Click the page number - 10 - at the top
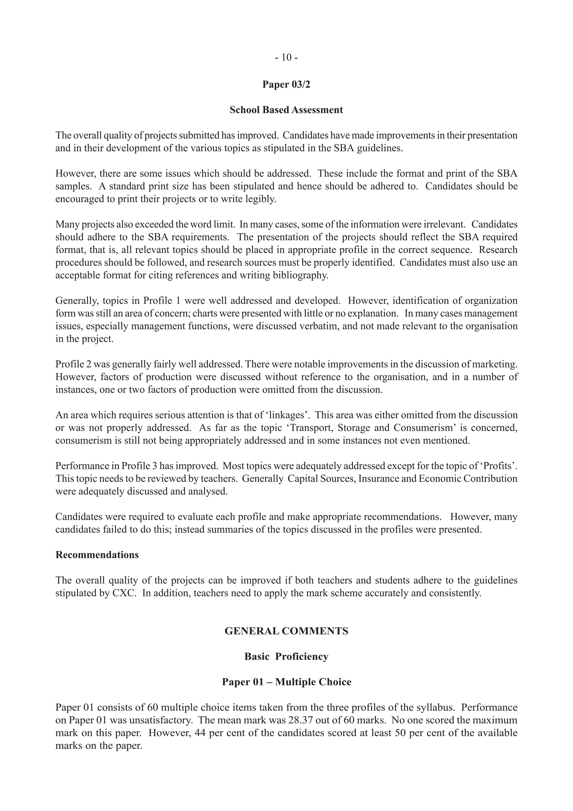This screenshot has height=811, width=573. point(286,57)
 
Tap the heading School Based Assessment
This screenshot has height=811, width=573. point(286,110)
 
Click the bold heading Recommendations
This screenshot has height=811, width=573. point(97,555)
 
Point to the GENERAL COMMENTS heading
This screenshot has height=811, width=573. point(286,631)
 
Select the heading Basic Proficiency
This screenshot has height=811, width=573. point(286,657)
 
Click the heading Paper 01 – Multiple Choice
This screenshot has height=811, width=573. point(286,682)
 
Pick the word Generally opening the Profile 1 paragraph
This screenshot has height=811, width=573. point(76,301)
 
